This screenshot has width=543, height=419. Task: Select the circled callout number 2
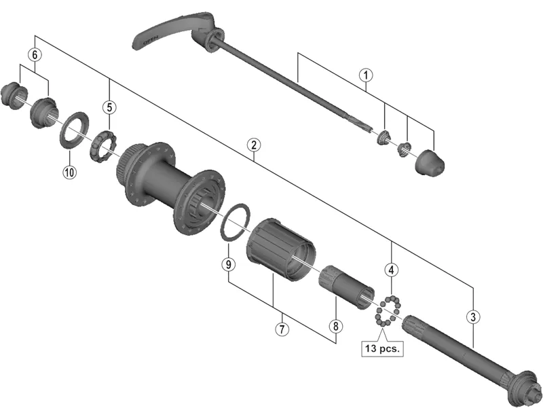[x=252, y=145]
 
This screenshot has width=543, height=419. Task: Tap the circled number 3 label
[x=473, y=316]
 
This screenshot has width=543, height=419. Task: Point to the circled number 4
[x=392, y=270]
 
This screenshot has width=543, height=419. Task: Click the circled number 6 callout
[x=35, y=54]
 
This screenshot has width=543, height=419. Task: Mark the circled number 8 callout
[x=335, y=326]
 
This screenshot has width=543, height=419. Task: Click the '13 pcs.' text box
[x=382, y=348]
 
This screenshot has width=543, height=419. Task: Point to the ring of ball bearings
[x=386, y=310]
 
